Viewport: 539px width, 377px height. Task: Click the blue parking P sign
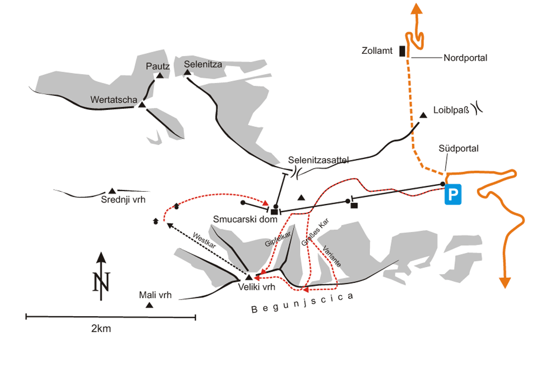[454, 195]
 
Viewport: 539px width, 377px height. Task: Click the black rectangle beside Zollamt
[402, 51]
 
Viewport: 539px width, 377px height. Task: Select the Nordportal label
[465, 58]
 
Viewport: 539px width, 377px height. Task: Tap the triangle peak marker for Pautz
[159, 76]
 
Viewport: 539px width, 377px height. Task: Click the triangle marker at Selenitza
[188, 72]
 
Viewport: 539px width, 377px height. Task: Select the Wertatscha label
[113, 99]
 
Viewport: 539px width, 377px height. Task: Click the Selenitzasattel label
[319, 160]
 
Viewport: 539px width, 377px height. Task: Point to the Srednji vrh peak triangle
[112, 191]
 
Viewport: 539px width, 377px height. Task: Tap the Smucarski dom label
[241, 219]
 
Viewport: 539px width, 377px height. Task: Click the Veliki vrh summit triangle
[248, 277]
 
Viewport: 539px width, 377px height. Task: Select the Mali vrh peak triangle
[149, 306]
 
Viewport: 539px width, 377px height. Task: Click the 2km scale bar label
[101, 329]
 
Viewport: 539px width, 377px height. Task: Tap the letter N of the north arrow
[100, 282]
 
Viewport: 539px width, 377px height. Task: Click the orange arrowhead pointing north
[416, 9]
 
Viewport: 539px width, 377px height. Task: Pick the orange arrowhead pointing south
[505, 282]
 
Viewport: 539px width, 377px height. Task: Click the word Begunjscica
[304, 303]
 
